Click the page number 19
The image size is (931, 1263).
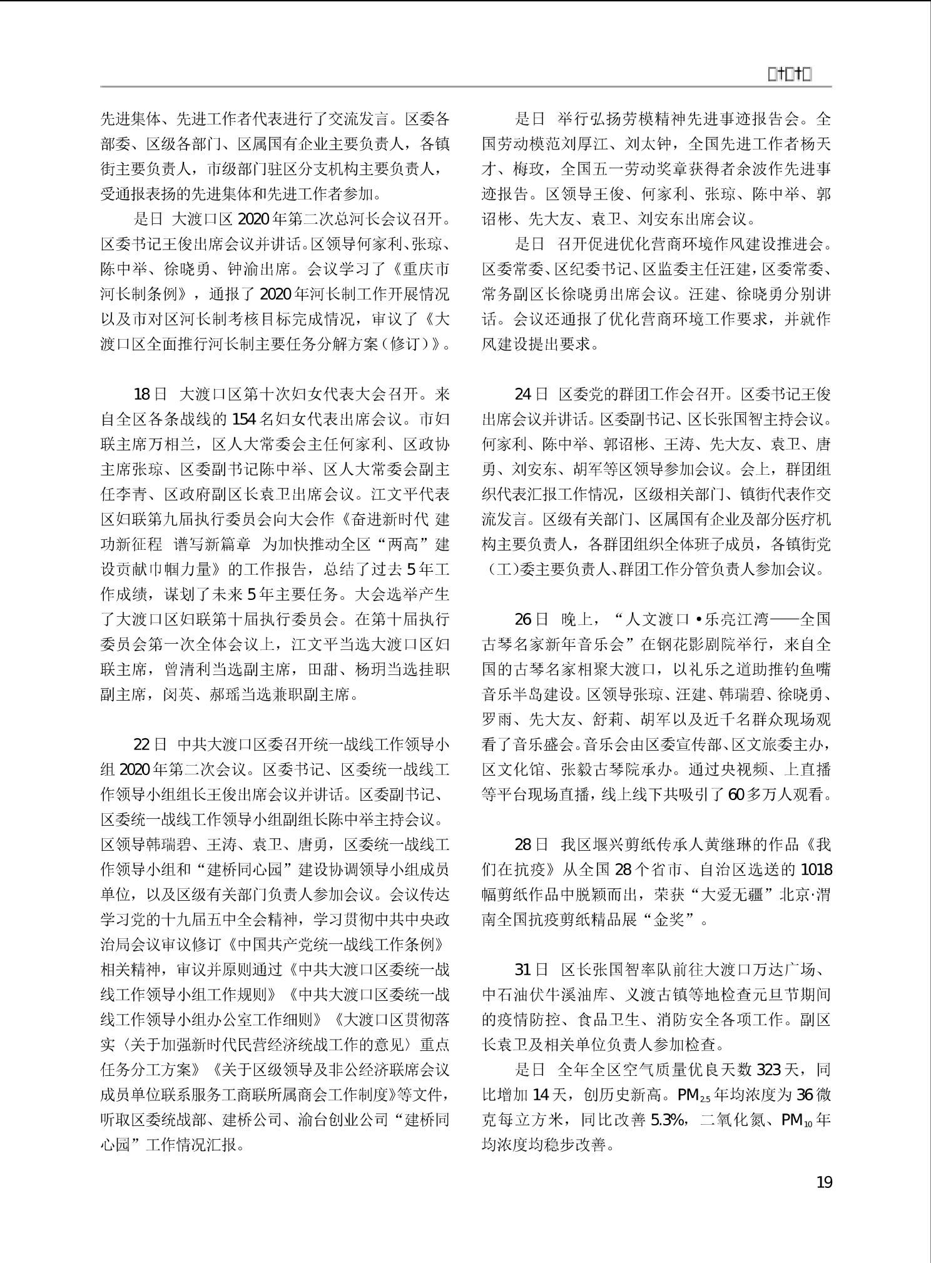tap(824, 1182)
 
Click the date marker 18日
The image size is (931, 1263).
tap(150, 394)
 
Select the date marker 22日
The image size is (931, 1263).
tap(150, 744)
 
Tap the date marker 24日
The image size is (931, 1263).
tap(531, 394)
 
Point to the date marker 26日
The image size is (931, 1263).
tap(531, 619)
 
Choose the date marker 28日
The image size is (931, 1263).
tap(531, 845)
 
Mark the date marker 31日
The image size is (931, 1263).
tap(531, 970)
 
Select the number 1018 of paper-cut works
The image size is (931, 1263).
tap(816, 870)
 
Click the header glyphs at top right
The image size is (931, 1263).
tap(790, 75)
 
